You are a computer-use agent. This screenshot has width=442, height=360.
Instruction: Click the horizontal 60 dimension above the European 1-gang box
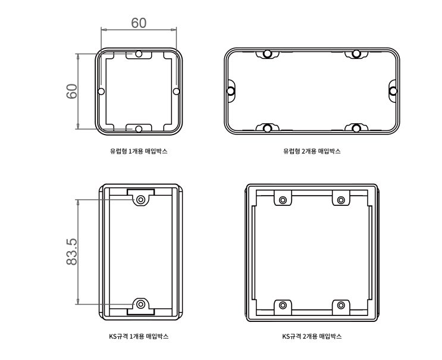pos(139,23)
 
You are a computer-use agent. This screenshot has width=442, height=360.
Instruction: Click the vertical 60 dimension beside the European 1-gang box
pos(72,92)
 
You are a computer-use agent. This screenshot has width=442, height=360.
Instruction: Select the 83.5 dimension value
pos(72,252)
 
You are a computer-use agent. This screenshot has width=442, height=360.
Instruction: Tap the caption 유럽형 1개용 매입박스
pos(139,151)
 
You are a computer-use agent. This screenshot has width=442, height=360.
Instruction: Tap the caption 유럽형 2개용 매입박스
pos(312,151)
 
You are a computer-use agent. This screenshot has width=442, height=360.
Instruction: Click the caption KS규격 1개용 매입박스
pos(139,336)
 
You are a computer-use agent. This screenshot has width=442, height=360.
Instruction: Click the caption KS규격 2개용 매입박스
pos(312,336)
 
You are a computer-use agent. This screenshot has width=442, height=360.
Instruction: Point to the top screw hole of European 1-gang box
pos(139,54)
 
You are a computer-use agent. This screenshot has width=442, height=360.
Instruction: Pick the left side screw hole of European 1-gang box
pos(102,92)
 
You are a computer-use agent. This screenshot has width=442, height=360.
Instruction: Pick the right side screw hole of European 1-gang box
pos(176,92)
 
